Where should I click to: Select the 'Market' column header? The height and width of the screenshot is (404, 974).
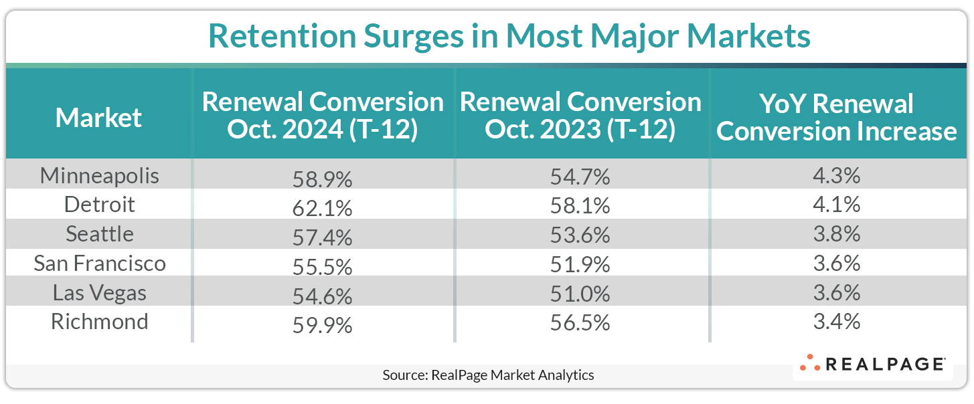(98, 118)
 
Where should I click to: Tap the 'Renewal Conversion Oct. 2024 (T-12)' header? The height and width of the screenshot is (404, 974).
(323, 116)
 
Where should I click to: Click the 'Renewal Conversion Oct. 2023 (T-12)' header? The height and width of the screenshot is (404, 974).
(580, 116)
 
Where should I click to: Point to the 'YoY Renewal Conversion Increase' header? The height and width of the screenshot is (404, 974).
(836, 118)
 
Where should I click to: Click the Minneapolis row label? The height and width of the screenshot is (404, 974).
(100, 175)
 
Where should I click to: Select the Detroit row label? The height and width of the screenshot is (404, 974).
(100, 205)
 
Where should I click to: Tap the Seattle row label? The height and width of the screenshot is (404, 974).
(100, 234)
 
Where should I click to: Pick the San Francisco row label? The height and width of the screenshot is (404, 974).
(100, 263)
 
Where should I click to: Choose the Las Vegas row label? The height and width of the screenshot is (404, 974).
(100, 292)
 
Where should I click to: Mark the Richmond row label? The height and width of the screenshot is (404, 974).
(100, 322)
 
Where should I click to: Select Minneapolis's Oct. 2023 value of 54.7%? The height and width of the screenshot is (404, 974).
(580, 177)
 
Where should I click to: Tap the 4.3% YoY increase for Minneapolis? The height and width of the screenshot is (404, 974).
(836, 177)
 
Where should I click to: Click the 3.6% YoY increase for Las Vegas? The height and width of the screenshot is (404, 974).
(836, 293)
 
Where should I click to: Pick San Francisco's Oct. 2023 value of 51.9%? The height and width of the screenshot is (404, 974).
(580, 264)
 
